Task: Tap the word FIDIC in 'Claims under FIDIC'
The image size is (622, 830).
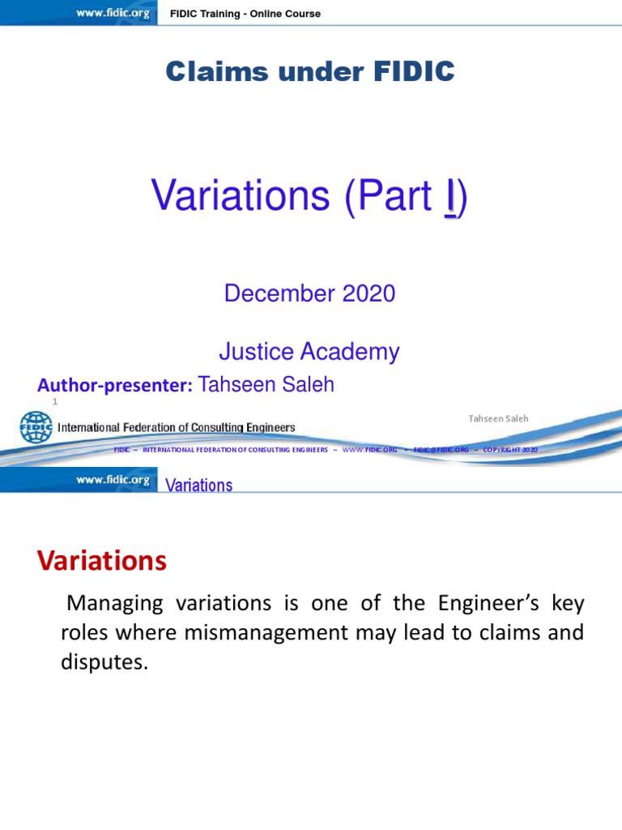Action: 408,72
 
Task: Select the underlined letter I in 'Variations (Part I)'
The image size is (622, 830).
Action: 449,197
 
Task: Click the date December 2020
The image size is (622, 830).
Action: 309,293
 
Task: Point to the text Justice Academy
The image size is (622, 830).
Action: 309,352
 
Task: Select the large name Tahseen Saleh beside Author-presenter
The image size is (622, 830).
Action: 266,384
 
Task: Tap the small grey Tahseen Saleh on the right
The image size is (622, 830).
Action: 498,418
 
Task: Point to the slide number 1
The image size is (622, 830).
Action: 55,401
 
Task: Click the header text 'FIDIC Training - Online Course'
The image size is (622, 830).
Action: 245,14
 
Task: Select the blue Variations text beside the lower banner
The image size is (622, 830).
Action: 198,486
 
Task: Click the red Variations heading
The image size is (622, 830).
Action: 102,560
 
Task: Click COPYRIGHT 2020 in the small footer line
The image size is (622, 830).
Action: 509,450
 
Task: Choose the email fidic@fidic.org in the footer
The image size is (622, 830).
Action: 441,450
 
